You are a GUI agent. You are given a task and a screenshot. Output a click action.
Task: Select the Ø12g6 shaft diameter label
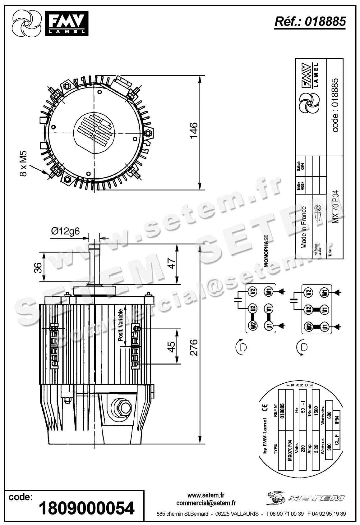coord(65,231)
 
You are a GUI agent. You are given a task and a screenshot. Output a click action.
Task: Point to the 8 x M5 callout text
coord(24,164)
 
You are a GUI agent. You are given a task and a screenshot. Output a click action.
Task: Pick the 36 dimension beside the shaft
coord(38,267)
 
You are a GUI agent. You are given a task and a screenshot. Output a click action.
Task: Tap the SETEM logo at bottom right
coord(306,499)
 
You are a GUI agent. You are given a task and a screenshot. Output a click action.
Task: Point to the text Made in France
coord(304,227)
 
